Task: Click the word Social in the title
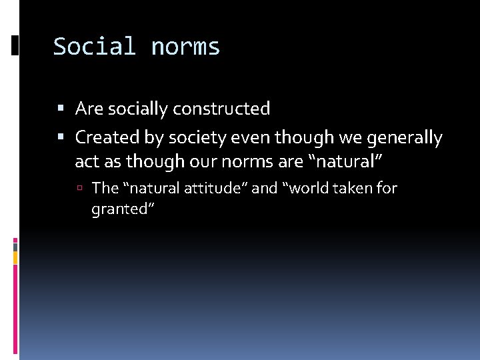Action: pyautogui.click(x=95, y=47)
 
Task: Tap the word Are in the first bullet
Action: pyautogui.click(x=89, y=109)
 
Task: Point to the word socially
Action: pyautogui.click(x=137, y=109)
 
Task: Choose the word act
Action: pyautogui.click(x=87, y=161)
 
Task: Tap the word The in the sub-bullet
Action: pyautogui.click(x=105, y=189)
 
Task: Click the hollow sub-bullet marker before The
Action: pyautogui.click(x=79, y=189)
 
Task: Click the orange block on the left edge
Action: pyautogui.click(x=15, y=257)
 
